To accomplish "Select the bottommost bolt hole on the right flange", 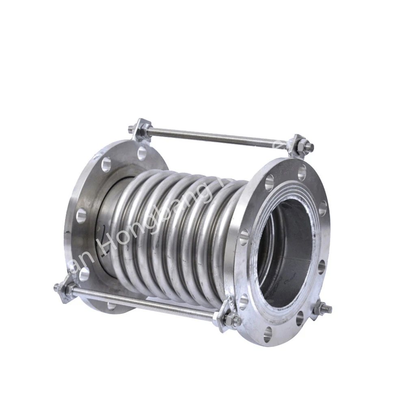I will pyautogui.click(x=268, y=335).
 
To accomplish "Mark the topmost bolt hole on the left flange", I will pyautogui.click(x=142, y=153).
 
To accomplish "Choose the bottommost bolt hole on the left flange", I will pyautogui.click(x=111, y=305).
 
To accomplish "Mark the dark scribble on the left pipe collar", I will pyautogui.click(x=106, y=227).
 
